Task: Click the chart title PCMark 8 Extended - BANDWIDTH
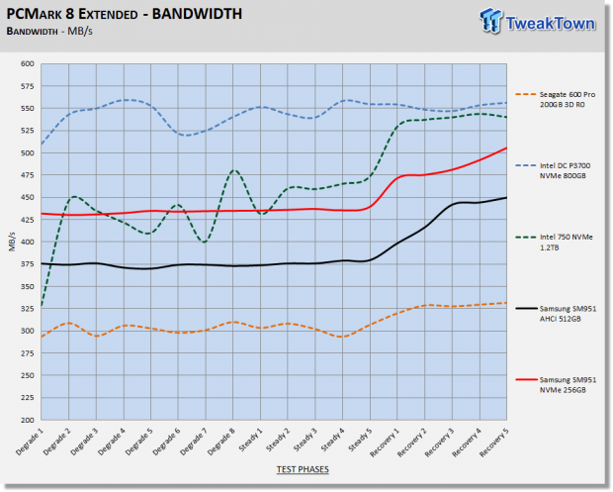pyautogui.click(x=125, y=14)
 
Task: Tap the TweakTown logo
pyautogui.click(x=538, y=22)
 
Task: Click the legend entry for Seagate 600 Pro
pyautogui.click(x=556, y=99)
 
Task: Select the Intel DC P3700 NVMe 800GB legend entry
pyautogui.click(x=554, y=170)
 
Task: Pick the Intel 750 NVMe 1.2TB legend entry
pyautogui.click(x=555, y=242)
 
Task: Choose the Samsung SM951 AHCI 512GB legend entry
pyautogui.click(x=556, y=314)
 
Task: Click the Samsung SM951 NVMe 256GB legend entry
pyautogui.click(x=556, y=385)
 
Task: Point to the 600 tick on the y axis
pyautogui.click(x=28, y=63)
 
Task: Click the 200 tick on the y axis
pyautogui.click(x=28, y=420)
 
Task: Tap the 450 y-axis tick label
pyautogui.click(x=28, y=198)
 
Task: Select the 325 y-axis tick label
pyautogui.click(x=28, y=309)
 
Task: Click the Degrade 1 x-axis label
pyautogui.click(x=30, y=442)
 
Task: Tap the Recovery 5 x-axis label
pyautogui.click(x=494, y=443)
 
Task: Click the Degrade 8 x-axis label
pyautogui.click(x=221, y=442)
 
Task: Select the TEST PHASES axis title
pyautogui.click(x=303, y=469)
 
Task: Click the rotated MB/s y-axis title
pyautogui.click(x=12, y=242)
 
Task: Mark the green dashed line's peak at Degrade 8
pyautogui.click(x=233, y=170)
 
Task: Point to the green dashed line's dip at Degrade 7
pyautogui.click(x=205, y=243)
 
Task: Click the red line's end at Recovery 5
pyautogui.click(x=506, y=148)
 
